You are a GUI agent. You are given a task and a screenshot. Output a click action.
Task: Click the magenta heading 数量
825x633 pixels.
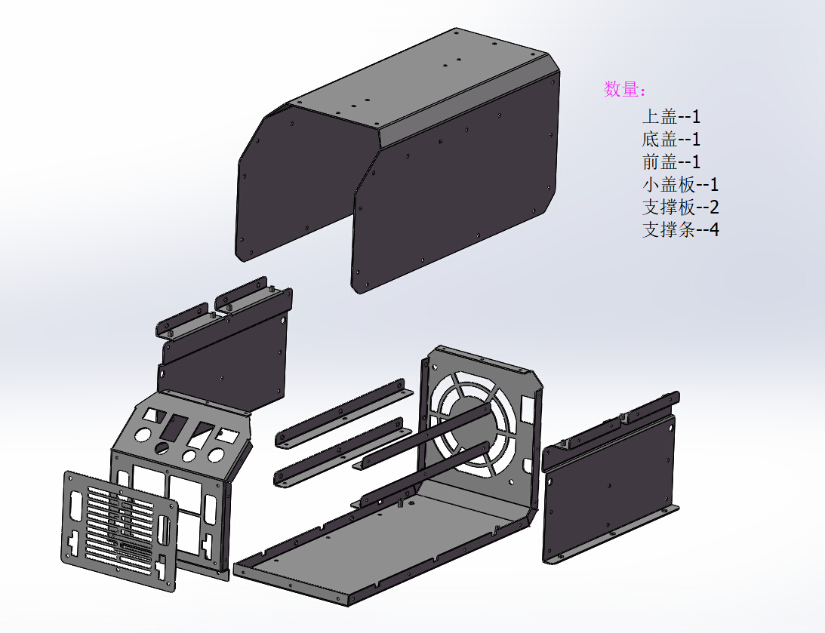point(624,89)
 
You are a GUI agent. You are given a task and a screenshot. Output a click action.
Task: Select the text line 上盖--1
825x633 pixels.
point(671,116)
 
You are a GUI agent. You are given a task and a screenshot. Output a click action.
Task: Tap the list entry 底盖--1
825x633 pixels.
point(671,139)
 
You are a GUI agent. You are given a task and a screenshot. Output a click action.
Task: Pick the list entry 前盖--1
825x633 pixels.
point(671,161)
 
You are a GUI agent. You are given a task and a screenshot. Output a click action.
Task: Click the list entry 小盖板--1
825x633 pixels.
point(680,184)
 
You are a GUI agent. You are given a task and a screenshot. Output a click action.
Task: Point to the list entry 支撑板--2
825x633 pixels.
point(680,207)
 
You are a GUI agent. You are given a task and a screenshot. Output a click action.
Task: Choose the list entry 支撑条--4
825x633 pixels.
point(680,229)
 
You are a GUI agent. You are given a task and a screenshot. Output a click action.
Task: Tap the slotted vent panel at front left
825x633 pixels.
point(121,528)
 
